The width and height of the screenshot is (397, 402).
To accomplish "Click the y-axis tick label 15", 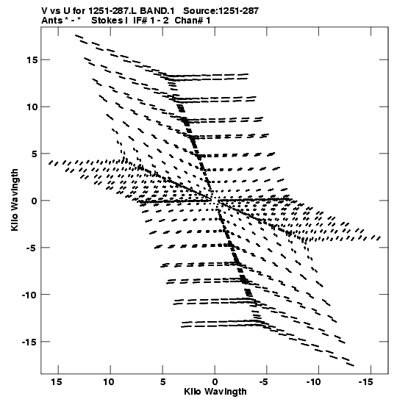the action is (x=32, y=60).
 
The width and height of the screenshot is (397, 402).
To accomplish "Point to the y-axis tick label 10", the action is (x=32, y=107).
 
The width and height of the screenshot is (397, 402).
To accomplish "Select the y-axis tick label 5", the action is (x=35, y=154).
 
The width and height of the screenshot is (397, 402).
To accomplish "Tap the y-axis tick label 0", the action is (x=35, y=201).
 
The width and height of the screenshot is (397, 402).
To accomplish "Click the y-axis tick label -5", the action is (x=32, y=248).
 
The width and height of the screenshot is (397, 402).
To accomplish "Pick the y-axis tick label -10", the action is (x=29, y=295).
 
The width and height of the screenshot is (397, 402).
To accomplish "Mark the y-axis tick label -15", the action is (x=29, y=342).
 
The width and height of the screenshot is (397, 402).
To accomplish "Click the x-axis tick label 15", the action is (x=57, y=382).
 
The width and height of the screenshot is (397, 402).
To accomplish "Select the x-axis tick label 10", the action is (x=109, y=382).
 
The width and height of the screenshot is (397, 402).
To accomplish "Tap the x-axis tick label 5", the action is (x=162, y=382).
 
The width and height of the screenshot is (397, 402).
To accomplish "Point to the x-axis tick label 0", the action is (x=215, y=382).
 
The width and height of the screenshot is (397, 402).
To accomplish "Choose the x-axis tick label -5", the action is (x=264, y=382).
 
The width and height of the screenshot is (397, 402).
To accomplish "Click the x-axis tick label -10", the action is (x=314, y=382).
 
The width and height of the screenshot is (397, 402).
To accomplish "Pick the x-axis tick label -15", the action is (x=365, y=382).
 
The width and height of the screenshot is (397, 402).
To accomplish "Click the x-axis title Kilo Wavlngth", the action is (x=215, y=392).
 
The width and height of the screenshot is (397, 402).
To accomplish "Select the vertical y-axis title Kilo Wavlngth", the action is (x=15, y=200).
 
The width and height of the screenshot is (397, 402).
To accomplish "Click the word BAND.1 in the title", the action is (x=157, y=11).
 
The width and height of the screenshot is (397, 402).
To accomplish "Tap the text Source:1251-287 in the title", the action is (x=221, y=11).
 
